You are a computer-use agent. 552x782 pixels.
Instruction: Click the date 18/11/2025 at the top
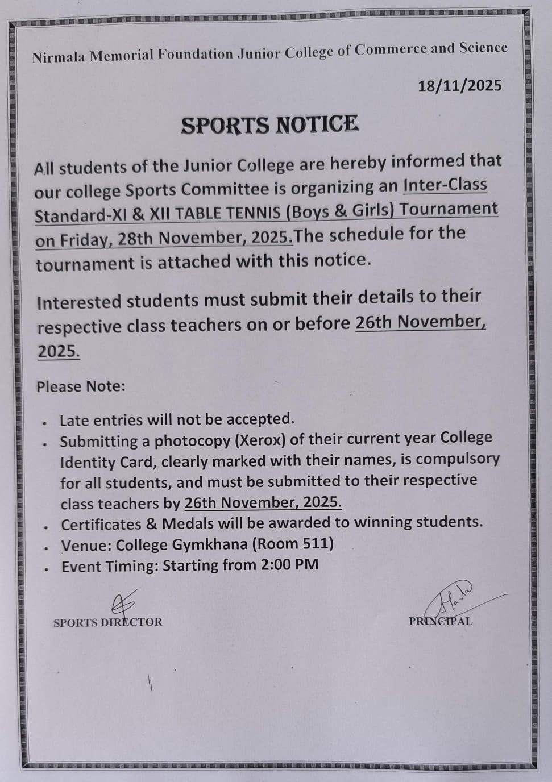click(x=460, y=86)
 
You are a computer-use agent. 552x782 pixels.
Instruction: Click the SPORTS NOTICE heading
click(x=269, y=124)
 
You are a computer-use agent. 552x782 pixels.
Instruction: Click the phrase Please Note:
click(x=81, y=386)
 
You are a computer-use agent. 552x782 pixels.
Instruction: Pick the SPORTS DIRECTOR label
click(x=107, y=622)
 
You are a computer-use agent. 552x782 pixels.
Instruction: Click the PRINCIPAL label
click(x=441, y=621)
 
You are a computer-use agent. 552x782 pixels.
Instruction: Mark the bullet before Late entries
click(x=44, y=423)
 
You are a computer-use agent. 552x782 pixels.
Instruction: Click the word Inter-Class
click(x=445, y=185)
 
